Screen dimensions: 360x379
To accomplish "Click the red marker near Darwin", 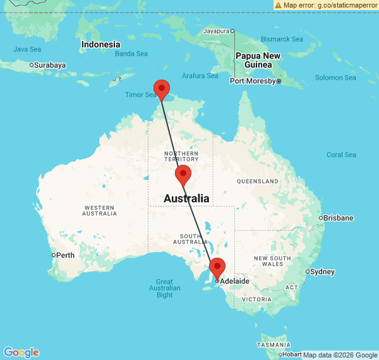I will [162, 89].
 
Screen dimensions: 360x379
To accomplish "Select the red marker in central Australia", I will [183, 174].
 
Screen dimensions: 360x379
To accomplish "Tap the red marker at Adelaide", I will [217, 267].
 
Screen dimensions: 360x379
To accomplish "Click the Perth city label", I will [65, 255].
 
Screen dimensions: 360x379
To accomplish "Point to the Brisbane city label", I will [339, 218].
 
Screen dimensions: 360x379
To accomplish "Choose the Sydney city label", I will [323, 272].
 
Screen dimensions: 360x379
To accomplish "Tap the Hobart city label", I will [292, 354].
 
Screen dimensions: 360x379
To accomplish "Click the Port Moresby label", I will [253, 81].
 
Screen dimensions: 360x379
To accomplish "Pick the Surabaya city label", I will [50, 64].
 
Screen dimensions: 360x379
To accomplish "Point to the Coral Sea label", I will [341, 155].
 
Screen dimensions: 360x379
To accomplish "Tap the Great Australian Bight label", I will [164, 288].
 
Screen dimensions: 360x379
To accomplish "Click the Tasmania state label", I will [274, 345].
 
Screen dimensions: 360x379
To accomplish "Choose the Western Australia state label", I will [99, 210].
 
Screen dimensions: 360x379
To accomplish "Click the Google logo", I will [21, 352].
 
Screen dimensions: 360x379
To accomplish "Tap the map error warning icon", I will [278, 4].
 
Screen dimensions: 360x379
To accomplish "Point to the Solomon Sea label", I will [336, 78].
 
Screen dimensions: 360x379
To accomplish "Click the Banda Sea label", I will [131, 54].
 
